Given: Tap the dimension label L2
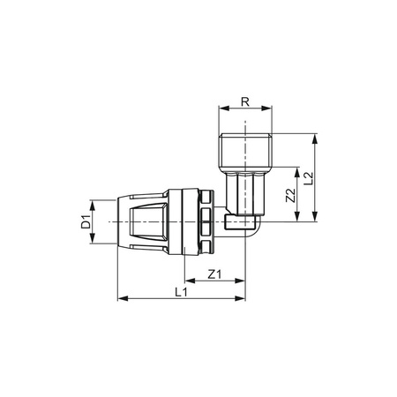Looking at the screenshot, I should tap(310, 180).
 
